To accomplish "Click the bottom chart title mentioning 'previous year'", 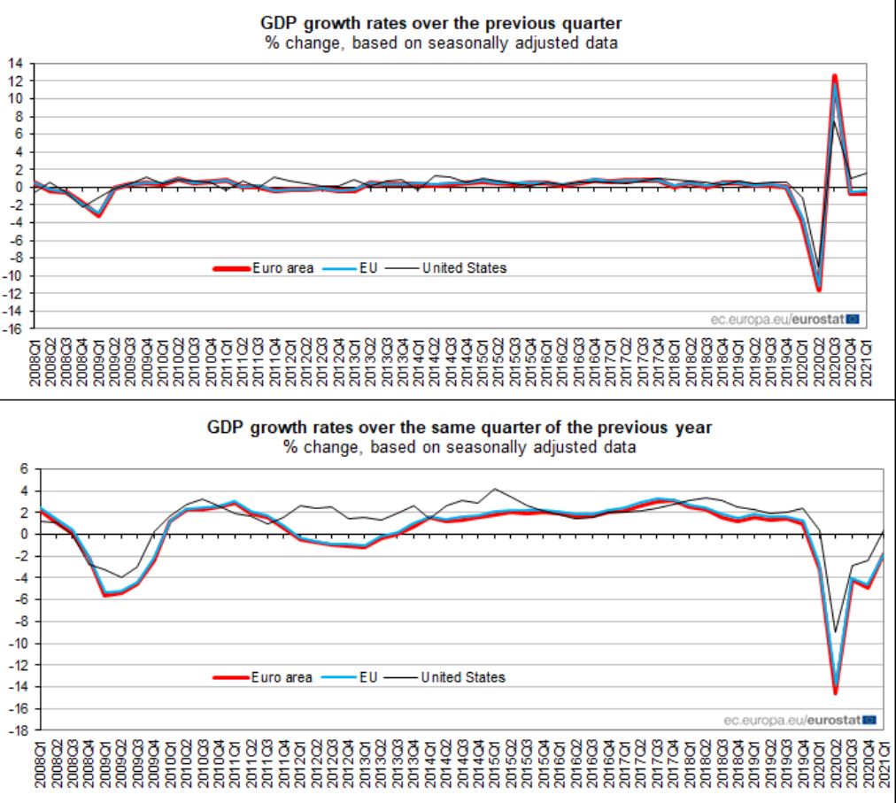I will pos(460,428).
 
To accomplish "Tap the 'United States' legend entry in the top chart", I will pos(464,267).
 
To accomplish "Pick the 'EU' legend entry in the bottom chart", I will pos(369,677).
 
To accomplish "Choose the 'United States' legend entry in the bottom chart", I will pos(462,677).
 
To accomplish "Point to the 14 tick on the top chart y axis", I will pos(16,63).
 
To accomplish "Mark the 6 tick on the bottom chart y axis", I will pos(26,469).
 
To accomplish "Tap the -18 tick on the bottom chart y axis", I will pos(19,731).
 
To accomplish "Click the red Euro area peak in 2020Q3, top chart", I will pos(834,77).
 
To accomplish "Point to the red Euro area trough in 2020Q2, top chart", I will pos(819,290).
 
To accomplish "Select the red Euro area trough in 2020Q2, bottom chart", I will pos(835,692).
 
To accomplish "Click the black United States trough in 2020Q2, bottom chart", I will pos(835,632).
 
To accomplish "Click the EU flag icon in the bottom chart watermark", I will pos(869,720).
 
